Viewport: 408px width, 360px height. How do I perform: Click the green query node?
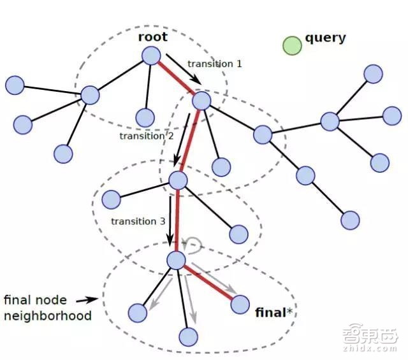click(292, 45)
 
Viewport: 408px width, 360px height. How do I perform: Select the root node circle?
click(150, 55)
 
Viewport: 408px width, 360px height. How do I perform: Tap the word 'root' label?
click(152, 36)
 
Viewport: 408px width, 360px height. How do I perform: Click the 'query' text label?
click(325, 37)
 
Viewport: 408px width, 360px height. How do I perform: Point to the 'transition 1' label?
click(215, 64)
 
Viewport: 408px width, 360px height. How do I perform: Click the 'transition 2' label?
click(146, 136)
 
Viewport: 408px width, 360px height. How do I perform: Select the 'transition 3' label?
click(138, 221)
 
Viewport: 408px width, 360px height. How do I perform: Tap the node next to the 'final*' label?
click(240, 305)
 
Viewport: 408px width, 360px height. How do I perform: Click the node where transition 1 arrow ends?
click(201, 100)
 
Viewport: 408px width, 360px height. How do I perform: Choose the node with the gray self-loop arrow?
click(175, 259)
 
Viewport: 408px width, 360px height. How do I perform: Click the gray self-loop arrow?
click(192, 243)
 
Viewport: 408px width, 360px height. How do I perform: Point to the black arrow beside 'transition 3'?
click(170, 220)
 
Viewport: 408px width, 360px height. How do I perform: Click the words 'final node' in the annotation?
click(34, 299)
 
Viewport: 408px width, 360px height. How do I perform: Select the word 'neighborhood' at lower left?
click(47, 315)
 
